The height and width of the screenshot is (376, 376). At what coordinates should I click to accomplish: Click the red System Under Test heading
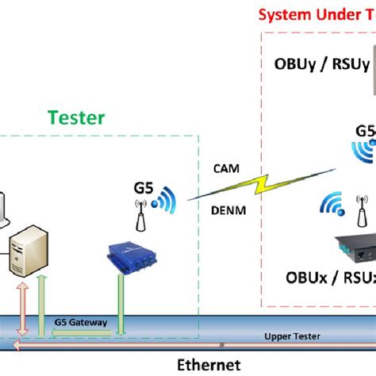317,13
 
